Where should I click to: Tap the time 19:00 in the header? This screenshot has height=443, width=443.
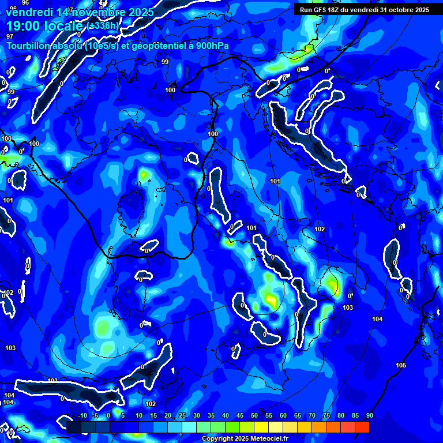[x=24, y=26]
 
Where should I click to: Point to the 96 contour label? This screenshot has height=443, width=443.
[x=26, y=2]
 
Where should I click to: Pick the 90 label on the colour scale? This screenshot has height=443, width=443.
[x=369, y=416]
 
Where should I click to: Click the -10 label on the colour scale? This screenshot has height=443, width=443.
[x=82, y=416]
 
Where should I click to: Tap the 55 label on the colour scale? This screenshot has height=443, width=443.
[x=269, y=416]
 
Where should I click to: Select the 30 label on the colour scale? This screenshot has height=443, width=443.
[x=197, y=416]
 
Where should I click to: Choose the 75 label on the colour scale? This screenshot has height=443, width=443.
[x=326, y=416]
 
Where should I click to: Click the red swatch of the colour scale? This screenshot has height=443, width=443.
[x=362, y=427]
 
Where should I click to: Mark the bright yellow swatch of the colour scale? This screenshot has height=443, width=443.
[x=261, y=427]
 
